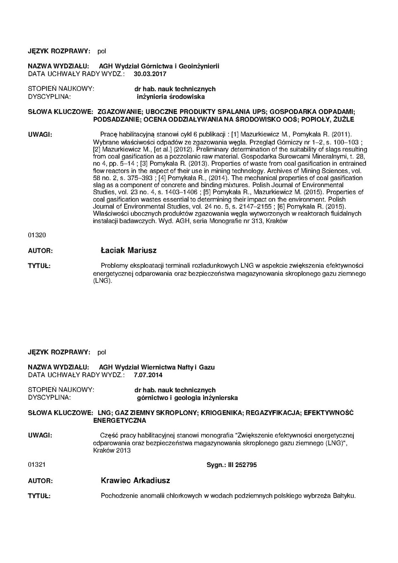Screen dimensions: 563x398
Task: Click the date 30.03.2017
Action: [150, 74]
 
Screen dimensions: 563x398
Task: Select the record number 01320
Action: [37, 234]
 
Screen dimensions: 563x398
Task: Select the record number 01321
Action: [37, 465]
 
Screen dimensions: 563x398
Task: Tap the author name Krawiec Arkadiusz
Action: [135, 481]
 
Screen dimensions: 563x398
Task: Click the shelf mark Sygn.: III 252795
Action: [231, 465]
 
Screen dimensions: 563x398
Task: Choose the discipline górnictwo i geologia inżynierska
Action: [187, 397]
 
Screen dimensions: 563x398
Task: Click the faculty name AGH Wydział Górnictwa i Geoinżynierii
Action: [159, 66]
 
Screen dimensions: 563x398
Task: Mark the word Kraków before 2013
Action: [104, 450]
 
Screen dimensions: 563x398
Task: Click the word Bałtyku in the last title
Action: [343, 496]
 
